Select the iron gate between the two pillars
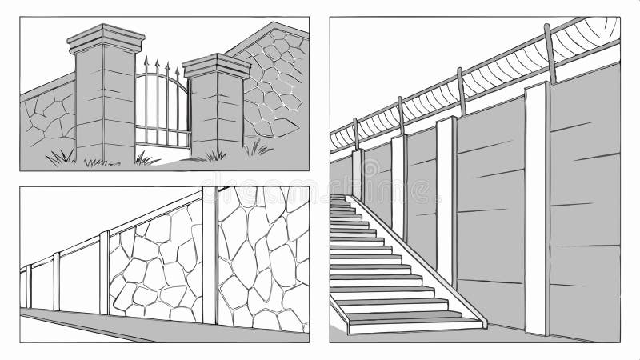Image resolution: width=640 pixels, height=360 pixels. click(162, 108)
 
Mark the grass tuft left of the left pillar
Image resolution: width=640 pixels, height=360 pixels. click(60, 156)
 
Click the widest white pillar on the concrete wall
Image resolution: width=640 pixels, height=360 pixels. click(536, 208)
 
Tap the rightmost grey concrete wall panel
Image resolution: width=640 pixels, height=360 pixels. click(584, 200)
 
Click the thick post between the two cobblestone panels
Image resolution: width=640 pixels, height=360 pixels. click(210, 256)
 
